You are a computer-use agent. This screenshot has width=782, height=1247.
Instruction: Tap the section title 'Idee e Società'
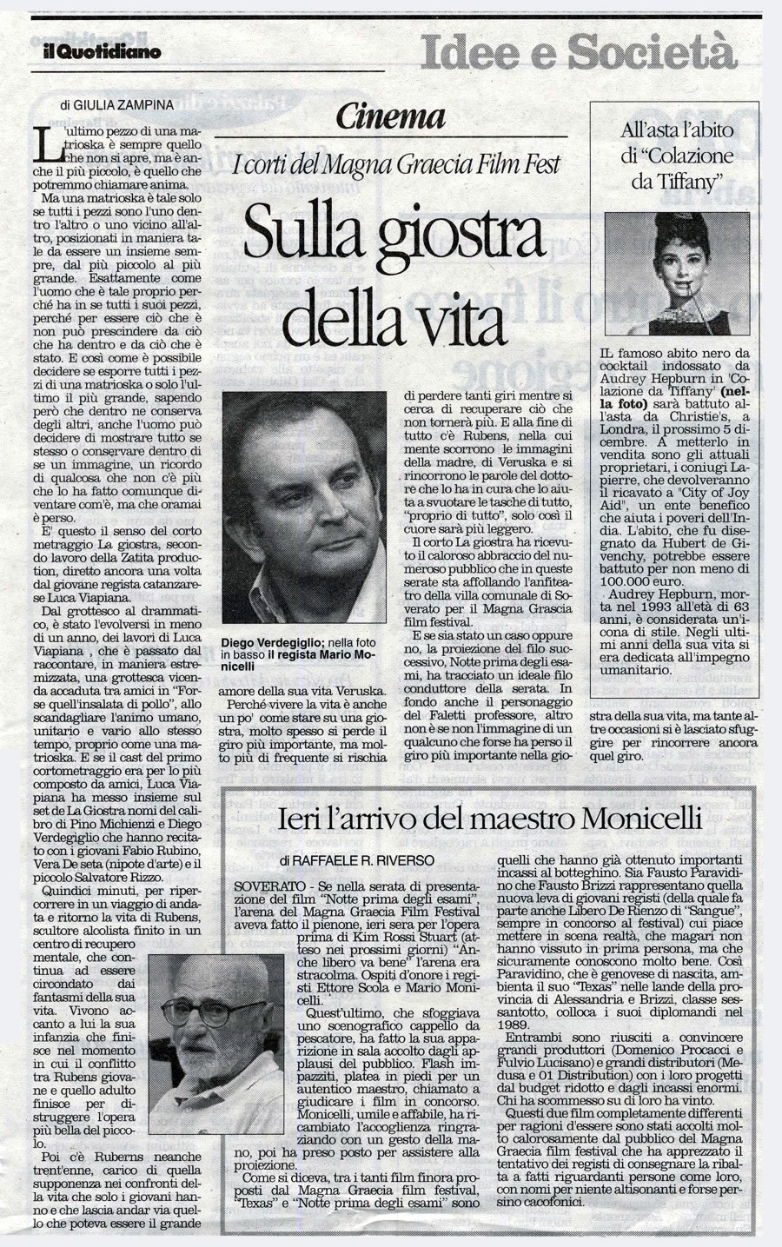point(577,52)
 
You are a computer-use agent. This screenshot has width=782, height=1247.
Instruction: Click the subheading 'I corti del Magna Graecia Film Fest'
point(393,162)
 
